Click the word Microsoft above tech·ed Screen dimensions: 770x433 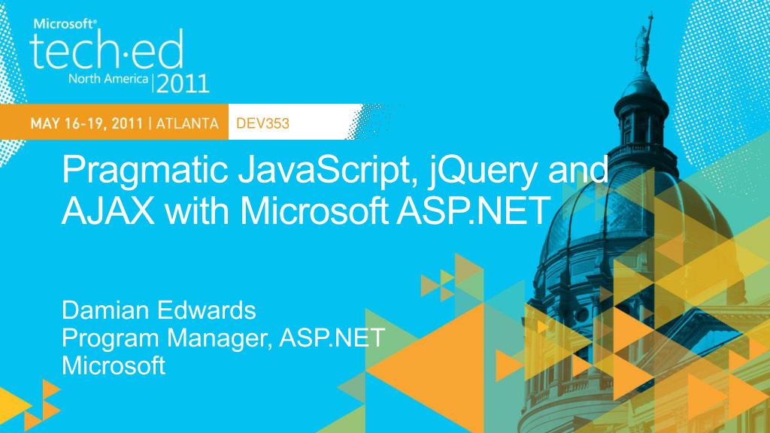[65, 23]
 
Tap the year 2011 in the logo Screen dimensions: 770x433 [183, 84]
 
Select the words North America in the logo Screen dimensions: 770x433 [108, 78]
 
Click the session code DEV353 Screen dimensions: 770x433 [262, 123]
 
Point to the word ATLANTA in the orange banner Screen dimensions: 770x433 [187, 123]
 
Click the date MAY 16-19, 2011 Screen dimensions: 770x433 [86, 123]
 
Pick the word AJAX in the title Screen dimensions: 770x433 [108, 211]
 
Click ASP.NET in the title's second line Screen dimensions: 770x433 [474, 211]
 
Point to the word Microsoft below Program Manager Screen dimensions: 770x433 [114, 366]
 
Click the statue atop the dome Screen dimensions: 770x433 [644, 44]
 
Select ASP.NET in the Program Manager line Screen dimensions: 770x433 [332, 338]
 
